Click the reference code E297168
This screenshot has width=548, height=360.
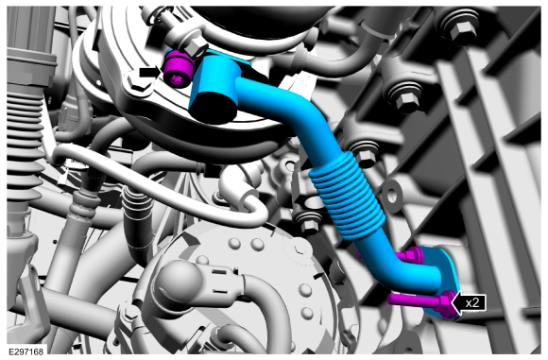(x=26, y=351)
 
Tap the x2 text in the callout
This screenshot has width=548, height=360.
(x=472, y=302)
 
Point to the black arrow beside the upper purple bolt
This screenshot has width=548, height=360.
(x=150, y=73)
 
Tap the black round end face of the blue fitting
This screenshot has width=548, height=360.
(x=214, y=107)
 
